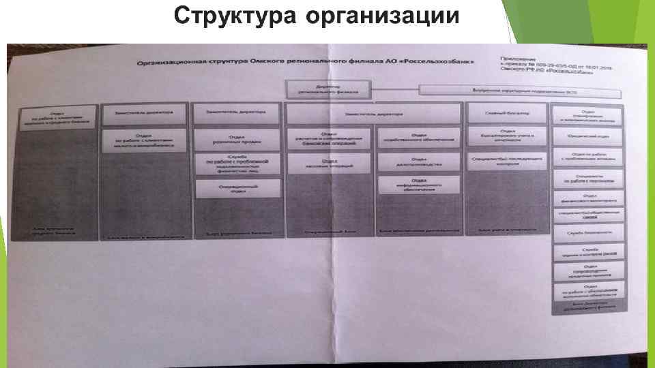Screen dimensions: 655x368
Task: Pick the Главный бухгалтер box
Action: click(507, 113)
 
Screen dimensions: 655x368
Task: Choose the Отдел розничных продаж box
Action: click(237, 139)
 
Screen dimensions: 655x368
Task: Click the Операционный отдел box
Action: click(237, 189)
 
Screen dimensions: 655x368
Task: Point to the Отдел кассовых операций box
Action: click(330, 163)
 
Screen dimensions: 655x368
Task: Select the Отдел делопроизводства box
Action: click(419, 163)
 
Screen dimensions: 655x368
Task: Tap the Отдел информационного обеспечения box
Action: click(419, 187)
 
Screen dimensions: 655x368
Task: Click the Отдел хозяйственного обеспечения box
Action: click(419, 139)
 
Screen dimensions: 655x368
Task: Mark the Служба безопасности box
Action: click(589, 232)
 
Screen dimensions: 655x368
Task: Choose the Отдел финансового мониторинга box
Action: click(589, 198)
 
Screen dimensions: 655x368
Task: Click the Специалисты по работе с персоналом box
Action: click(589, 179)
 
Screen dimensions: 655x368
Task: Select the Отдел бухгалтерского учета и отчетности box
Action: click(507, 136)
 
